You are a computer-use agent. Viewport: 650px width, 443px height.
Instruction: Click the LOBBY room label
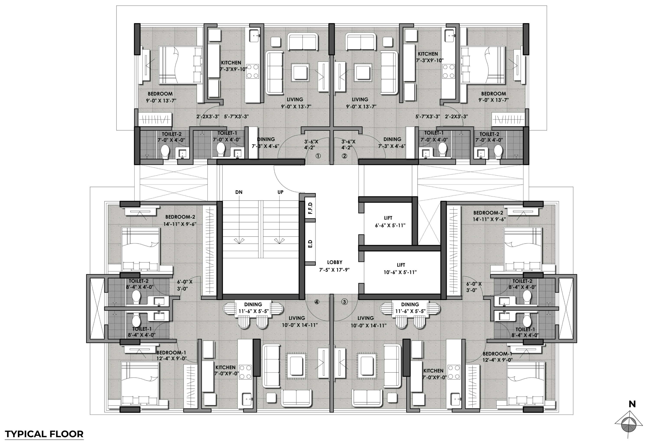(335, 262)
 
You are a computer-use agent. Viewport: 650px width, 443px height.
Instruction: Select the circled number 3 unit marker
(344, 302)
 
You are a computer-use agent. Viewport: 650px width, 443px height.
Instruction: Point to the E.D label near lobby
(310, 243)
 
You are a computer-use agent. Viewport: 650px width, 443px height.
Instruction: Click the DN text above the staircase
(239, 192)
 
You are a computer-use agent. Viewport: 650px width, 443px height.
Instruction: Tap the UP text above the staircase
(280, 192)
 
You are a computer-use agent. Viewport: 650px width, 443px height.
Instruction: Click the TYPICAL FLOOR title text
(44, 434)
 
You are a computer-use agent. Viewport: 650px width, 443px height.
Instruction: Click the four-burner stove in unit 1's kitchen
(253, 71)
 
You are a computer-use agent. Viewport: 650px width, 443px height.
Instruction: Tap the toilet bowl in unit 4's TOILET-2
(136, 297)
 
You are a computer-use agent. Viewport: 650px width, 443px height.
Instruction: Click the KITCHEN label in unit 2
(428, 54)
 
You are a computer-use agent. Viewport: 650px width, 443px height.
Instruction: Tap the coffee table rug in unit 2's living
(363, 72)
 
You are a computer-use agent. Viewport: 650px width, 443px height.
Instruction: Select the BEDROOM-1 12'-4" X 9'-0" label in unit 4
(171, 355)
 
